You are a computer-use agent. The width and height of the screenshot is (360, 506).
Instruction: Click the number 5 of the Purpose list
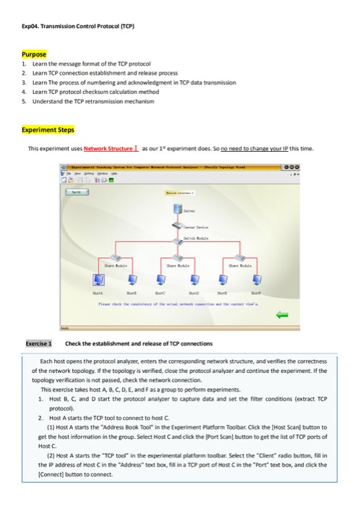(x=25, y=103)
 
